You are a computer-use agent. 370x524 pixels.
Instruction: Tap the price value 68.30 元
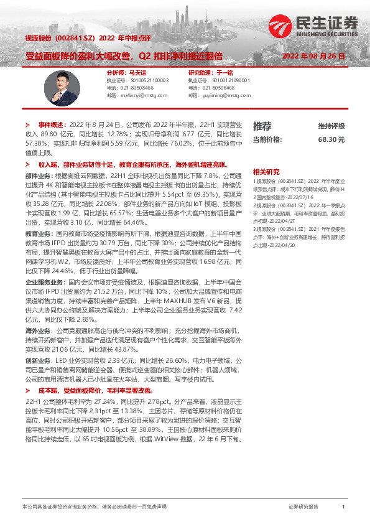click(x=331, y=140)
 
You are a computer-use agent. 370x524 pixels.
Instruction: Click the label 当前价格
click(x=267, y=140)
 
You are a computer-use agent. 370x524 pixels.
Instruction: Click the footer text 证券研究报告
click(x=303, y=507)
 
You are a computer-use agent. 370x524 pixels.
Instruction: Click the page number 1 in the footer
click(x=343, y=507)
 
